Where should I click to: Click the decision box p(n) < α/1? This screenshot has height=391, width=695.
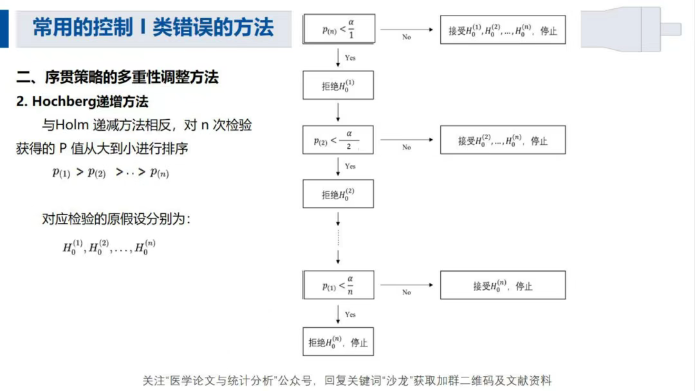click(x=339, y=29)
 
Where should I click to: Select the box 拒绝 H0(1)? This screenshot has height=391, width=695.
click(x=338, y=85)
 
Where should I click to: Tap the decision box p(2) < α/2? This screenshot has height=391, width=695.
click(x=338, y=140)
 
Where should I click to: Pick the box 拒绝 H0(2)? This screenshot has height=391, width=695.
click(x=338, y=194)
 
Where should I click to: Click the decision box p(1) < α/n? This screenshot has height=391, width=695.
click(x=338, y=285)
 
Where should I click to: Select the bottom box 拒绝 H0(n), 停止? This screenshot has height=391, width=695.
click(x=338, y=342)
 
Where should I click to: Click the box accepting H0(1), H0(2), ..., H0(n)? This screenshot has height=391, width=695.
click(x=503, y=30)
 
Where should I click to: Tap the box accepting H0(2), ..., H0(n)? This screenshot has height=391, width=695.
click(x=503, y=140)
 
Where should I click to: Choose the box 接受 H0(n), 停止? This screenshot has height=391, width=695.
click(x=503, y=285)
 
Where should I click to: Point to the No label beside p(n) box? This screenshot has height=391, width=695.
click(x=407, y=37)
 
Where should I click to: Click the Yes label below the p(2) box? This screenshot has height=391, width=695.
click(x=350, y=166)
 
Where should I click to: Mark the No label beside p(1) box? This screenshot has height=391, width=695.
click(x=407, y=292)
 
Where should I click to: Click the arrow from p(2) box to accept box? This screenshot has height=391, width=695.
click(x=407, y=140)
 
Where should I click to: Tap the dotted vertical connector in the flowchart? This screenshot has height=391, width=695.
click(x=338, y=238)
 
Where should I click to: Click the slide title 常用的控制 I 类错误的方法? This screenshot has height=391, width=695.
click(x=153, y=28)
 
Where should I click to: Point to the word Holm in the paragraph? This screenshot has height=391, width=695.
click(x=72, y=125)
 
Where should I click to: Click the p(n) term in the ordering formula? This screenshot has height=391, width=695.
click(x=160, y=173)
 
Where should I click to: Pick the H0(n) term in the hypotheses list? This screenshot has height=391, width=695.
click(x=145, y=247)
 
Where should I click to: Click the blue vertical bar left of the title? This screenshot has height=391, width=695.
click(x=4, y=29)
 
